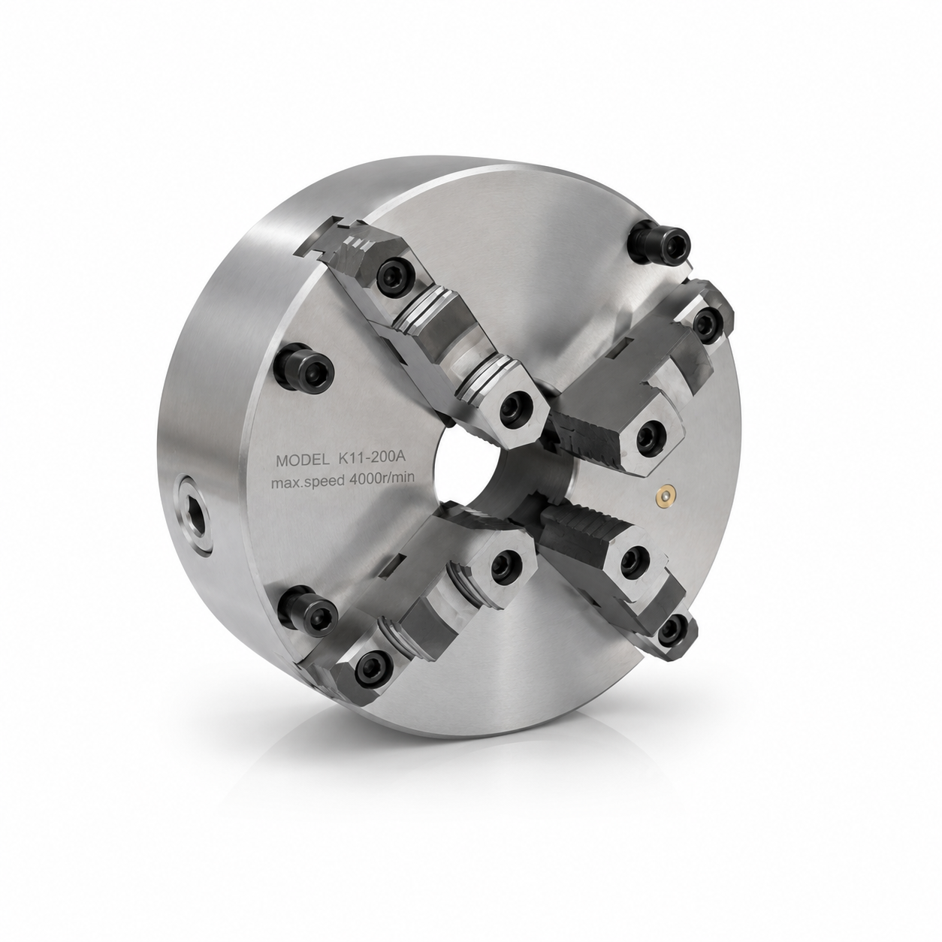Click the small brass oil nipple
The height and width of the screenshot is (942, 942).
pyautogui.click(x=666, y=495)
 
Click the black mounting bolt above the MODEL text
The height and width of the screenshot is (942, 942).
pyautogui.click(x=303, y=367)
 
